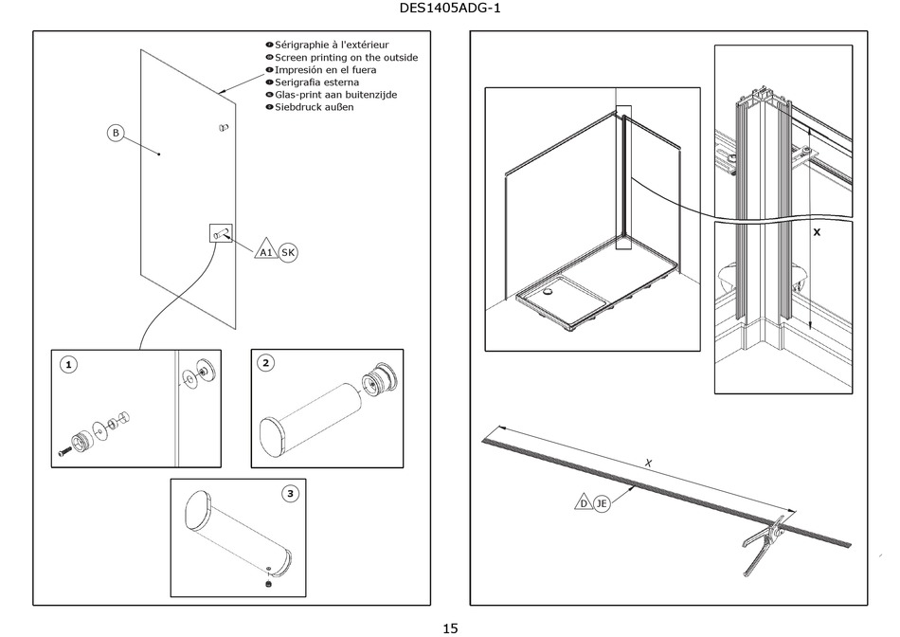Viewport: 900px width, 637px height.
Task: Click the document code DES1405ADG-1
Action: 449,8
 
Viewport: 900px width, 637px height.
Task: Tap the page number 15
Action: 450,628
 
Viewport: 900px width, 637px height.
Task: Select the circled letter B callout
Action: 116,134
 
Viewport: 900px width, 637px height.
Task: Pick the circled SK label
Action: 288,252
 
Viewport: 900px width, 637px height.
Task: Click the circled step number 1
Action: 68,365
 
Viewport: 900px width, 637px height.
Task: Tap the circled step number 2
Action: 265,363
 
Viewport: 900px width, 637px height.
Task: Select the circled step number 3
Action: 291,494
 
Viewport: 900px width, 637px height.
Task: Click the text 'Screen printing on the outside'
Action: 346,58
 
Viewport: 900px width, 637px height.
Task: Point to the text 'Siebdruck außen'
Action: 314,107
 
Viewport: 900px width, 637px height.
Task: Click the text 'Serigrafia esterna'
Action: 316,82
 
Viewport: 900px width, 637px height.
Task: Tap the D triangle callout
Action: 584,502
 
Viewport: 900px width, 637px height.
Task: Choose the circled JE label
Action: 602,503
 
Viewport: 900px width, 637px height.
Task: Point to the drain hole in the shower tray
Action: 549,292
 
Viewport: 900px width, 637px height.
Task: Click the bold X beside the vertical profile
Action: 817,232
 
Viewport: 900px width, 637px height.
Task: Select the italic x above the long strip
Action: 649,463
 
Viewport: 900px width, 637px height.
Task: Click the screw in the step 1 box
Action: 64,452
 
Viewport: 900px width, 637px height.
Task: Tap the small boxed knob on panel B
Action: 221,233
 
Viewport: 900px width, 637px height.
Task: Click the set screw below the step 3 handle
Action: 268,584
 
